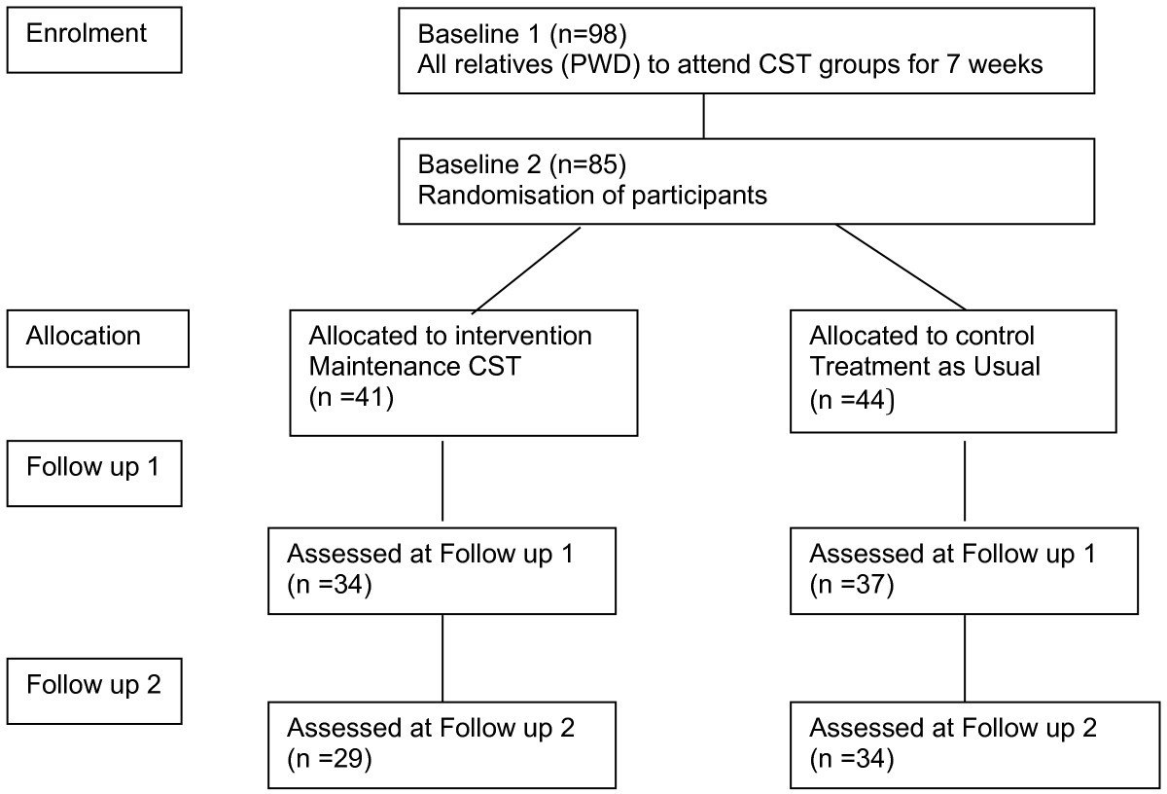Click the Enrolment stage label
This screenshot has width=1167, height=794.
point(87,33)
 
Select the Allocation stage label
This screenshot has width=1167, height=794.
point(84,337)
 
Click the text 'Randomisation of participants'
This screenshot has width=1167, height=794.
point(592,195)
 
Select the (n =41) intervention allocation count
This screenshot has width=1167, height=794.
point(350,398)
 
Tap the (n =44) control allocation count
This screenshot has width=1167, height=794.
point(853,398)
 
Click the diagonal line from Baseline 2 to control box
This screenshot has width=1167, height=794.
point(900,267)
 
